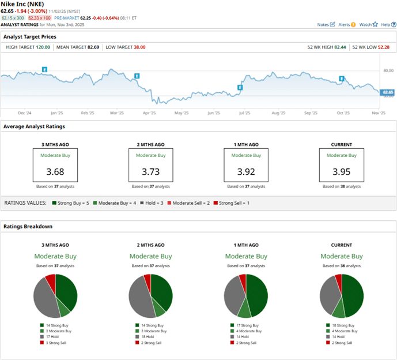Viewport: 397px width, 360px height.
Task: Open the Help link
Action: [387, 25]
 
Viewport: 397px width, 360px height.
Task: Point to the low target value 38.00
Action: [136, 47]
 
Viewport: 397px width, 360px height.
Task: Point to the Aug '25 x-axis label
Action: [278, 113]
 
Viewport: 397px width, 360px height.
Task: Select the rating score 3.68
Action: [55, 171]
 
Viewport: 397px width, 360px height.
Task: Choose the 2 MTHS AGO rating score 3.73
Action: [150, 171]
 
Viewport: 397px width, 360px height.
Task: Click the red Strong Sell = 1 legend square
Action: [215, 203]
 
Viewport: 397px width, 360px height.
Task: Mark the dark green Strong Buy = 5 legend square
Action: [54, 203]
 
